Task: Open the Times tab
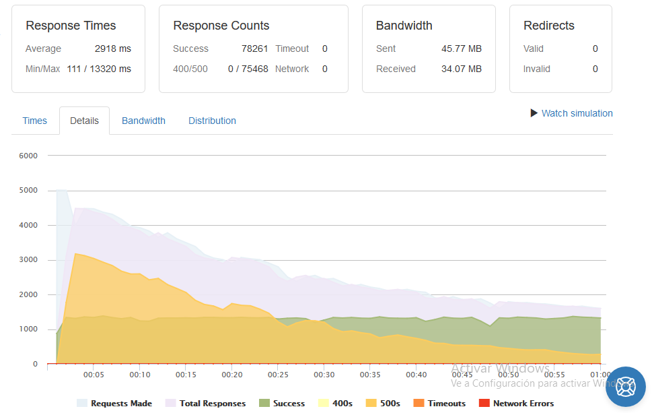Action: pyautogui.click(x=34, y=121)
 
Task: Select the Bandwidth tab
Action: pyautogui.click(x=143, y=121)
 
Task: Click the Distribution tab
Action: pyautogui.click(x=212, y=121)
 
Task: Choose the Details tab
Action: pyautogui.click(x=84, y=121)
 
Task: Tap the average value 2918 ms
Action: pyautogui.click(x=112, y=49)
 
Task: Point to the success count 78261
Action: pyautogui.click(x=254, y=49)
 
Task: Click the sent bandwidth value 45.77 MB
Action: pyautogui.click(x=461, y=49)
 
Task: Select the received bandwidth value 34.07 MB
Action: pyautogui.click(x=461, y=69)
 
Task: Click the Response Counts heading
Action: pyautogui.click(x=221, y=26)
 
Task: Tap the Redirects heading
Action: pyautogui.click(x=549, y=26)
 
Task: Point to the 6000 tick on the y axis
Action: pyautogui.click(x=28, y=156)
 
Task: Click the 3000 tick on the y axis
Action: pyautogui.click(x=28, y=260)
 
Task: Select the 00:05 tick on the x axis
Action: pyautogui.click(x=94, y=375)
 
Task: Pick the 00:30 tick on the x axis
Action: pyautogui.click(x=324, y=375)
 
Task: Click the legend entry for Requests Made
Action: pyautogui.click(x=114, y=403)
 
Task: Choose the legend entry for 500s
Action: pyautogui.click(x=383, y=403)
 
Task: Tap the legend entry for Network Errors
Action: pyautogui.click(x=517, y=403)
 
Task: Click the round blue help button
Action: pyautogui.click(x=625, y=387)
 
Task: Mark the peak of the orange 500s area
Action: pyautogui.click(x=75, y=253)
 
